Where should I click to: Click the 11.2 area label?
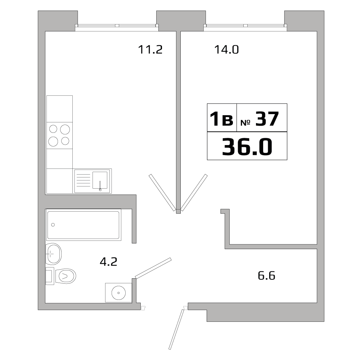point(150,49)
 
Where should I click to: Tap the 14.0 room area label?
point(226,49)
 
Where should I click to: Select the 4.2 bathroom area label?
point(108,262)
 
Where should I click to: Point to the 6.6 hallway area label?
point(267,276)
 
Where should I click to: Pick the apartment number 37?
point(267,119)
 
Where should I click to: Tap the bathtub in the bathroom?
point(84,225)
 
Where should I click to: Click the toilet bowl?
point(67,276)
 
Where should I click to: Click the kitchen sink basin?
point(100,180)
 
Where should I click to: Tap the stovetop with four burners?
point(59,135)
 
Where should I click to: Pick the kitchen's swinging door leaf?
point(162,193)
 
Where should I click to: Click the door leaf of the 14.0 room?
point(194,192)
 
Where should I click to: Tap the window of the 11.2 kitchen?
point(117,26)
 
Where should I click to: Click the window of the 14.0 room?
point(246,26)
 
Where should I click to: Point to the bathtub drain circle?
point(53,225)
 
